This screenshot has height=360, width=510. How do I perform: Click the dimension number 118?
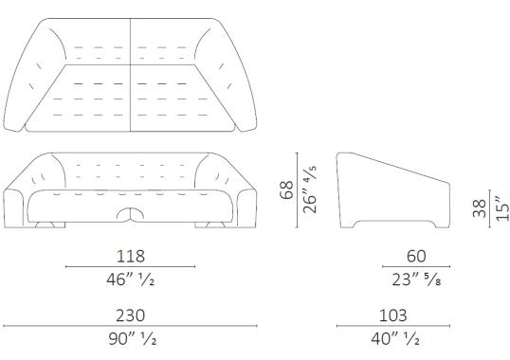(x=130, y=257)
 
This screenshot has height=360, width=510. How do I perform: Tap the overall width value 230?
(x=130, y=315)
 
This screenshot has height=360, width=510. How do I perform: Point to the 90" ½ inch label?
(x=130, y=338)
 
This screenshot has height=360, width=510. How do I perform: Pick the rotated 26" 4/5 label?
(x=309, y=190)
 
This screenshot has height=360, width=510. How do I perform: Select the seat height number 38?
(x=480, y=207)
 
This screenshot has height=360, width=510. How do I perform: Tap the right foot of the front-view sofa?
(x=212, y=224)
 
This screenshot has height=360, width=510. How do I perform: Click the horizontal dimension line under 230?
(x=130, y=326)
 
